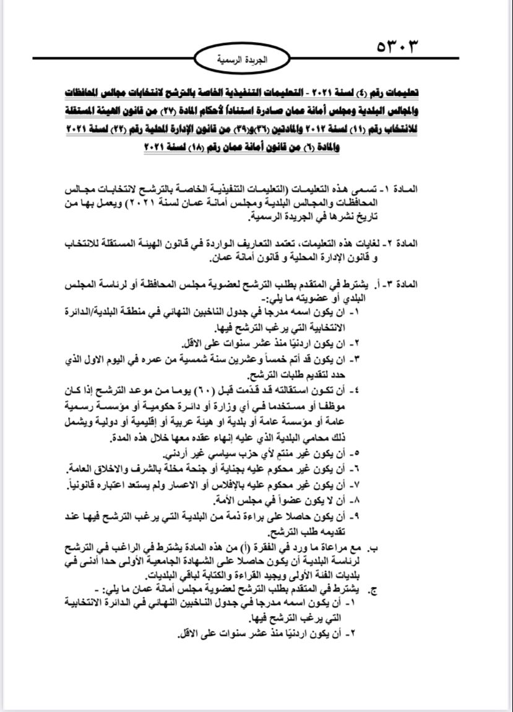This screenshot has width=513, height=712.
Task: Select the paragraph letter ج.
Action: (373, 590)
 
